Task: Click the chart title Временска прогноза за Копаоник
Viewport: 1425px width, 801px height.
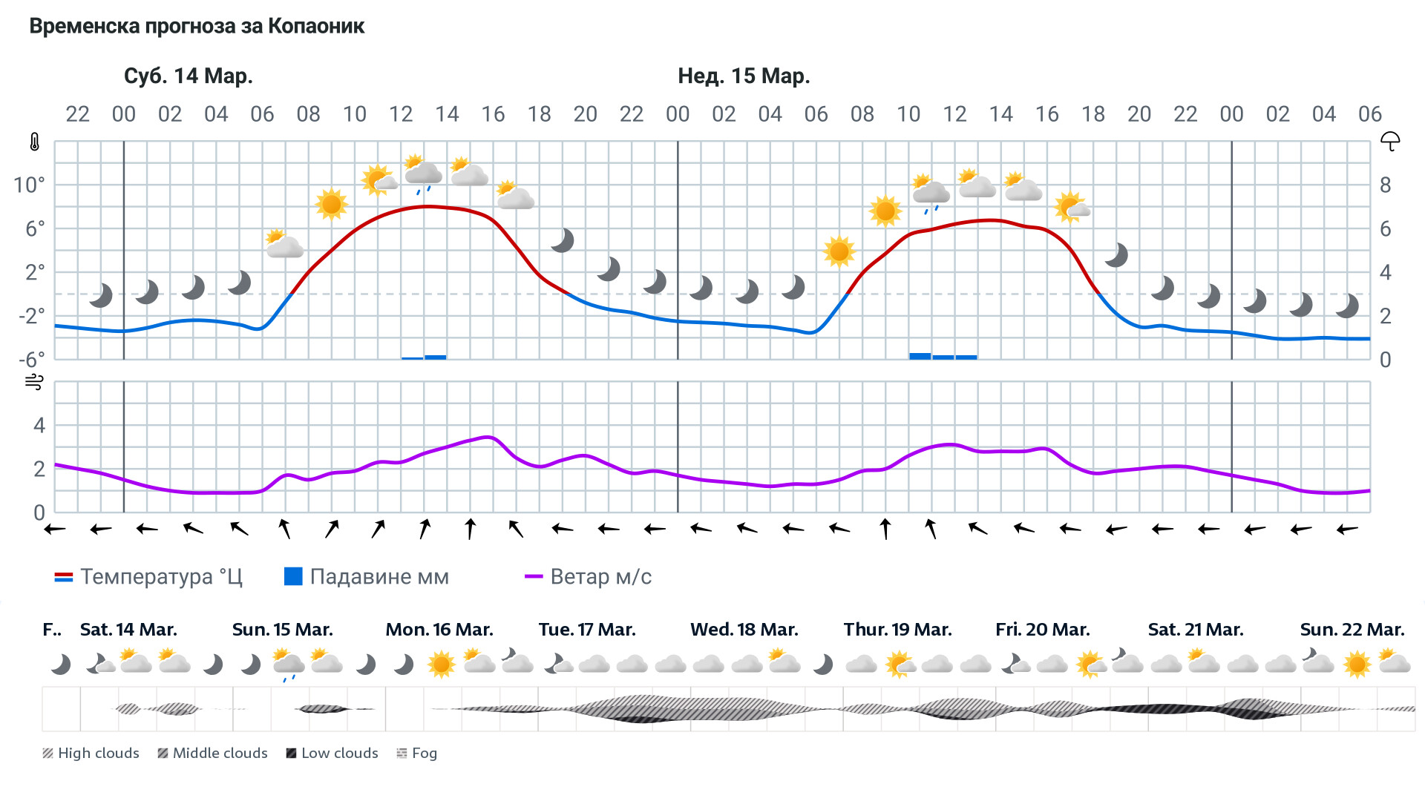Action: [x=197, y=27]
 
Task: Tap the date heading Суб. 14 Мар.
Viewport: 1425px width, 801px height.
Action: [x=188, y=76]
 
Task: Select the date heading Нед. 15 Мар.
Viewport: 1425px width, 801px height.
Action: [x=744, y=76]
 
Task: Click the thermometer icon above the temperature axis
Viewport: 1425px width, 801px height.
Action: [x=34, y=142]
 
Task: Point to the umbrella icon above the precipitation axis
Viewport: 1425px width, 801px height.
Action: [x=1389, y=141]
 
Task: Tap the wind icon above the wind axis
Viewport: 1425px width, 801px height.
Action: [x=34, y=382]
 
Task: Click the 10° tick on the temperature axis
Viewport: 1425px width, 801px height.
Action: [x=30, y=185]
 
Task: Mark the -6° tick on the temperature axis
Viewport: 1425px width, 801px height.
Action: [x=31, y=360]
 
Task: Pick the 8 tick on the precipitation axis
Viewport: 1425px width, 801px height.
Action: [x=1385, y=185]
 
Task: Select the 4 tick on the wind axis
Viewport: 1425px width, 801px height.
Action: [x=39, y=426]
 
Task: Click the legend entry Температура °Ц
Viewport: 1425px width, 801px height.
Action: [x=148, y=577]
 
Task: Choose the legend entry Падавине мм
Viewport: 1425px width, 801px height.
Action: [x=367, y=577]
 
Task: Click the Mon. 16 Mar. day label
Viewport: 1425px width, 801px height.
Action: [x=439, y=630]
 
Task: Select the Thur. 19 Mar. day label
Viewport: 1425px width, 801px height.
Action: [x=897, y=630]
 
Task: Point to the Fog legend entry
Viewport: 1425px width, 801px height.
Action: [x=417, y=754]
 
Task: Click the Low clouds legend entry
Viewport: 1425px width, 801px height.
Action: [x=332, y=754]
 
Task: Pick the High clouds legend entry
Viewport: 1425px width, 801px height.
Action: [x=91, y=754]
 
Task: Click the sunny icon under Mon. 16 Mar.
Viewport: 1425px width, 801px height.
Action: [x=441, y=664]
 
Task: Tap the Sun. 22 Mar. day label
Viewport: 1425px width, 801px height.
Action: [x=1352, y=630]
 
